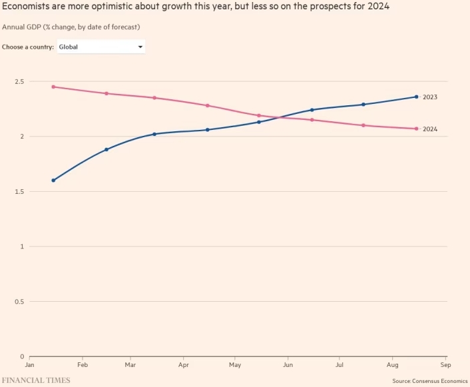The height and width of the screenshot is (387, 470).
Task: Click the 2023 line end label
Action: coord(429,97)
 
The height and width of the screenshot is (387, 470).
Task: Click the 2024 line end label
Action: coord(429,129)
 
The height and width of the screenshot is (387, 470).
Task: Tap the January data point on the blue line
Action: coord(53,181)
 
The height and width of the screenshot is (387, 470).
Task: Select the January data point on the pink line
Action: coord(53,87)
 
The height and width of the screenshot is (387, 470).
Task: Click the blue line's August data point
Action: coord(416,97)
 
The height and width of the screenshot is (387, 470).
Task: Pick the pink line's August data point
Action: coord(416,129)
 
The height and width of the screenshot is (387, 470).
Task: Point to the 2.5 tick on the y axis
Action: coord(19,81)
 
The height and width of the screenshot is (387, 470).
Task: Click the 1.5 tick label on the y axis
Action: coord(19,192)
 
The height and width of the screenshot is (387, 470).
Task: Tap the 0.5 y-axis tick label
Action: coord(19,302)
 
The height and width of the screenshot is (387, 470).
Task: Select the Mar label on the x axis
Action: coord(131,365)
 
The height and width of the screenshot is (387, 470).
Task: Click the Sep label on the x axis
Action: coord(445,365)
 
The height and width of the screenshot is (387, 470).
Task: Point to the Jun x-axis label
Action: coord(288,365)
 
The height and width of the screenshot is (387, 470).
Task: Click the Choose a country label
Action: coord(28,47)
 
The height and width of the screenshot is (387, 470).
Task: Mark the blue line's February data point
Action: coord(107,149)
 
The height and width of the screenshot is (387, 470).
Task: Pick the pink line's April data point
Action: coord(208,105)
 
